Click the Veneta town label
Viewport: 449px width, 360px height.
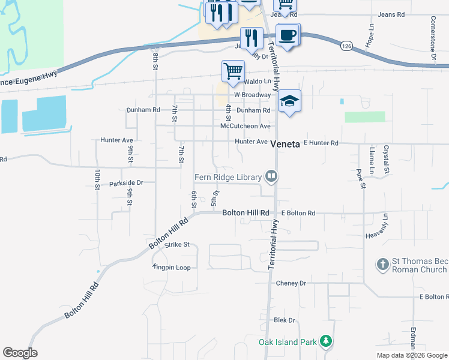coord(285,144)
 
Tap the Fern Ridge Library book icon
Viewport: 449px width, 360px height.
coord(272,176)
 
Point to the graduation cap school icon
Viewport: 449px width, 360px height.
coord(289,101)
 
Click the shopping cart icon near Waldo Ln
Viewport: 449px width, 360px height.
coord(233,71)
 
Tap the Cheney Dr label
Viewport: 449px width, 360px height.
coord(291,283)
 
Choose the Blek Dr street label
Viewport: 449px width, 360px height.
coord(285,321)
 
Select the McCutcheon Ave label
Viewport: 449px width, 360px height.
coord(246,126)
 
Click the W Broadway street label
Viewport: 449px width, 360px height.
coord(252,95)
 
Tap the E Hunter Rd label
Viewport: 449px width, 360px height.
coord(321,143)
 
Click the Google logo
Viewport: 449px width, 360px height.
coord(20,353)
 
